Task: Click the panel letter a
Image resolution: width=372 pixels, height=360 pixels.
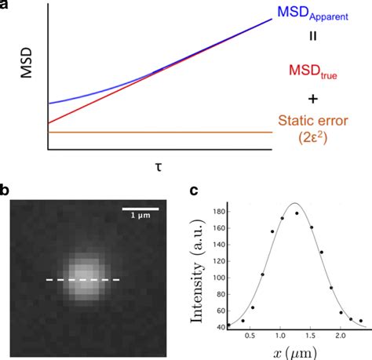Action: (5, 5)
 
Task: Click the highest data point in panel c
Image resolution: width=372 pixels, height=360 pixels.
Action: (296, 213)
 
